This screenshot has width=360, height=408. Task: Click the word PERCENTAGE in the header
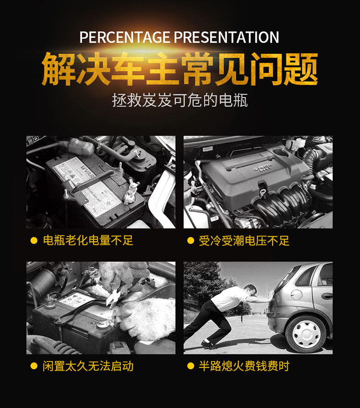[125, 37]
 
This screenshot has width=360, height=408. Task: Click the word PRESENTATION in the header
[227, 37]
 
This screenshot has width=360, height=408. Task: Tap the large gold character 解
[59, 69]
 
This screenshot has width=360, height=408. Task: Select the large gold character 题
[301, 69]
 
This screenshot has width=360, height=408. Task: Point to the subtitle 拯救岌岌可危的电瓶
[180, 100]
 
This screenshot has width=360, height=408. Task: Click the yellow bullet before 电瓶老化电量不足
[34, 240]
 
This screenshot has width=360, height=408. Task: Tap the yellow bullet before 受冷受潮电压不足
[191, 240]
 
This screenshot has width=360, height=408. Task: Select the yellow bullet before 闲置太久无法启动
[34, 366]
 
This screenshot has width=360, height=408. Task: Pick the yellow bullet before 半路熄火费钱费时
[191, 366]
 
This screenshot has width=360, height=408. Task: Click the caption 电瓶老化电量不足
[88, 240]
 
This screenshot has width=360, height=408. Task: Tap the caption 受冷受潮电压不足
[244, 240]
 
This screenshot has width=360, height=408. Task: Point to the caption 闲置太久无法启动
[88, 366]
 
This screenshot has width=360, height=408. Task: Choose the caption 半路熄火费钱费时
[244, 366]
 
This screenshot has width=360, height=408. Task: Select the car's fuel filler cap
[296, 294]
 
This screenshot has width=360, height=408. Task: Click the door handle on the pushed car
[327, 296]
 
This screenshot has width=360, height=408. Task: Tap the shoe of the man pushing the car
[208, 345]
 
